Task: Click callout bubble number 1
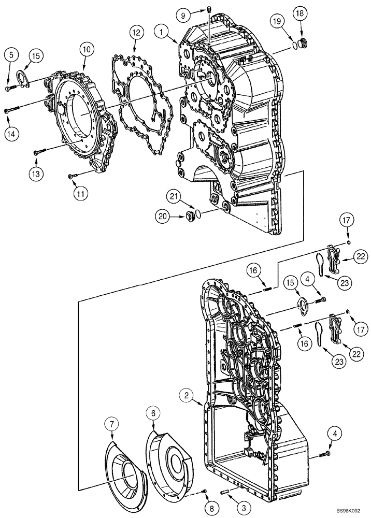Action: [164, 32]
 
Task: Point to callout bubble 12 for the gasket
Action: [135, 33]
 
